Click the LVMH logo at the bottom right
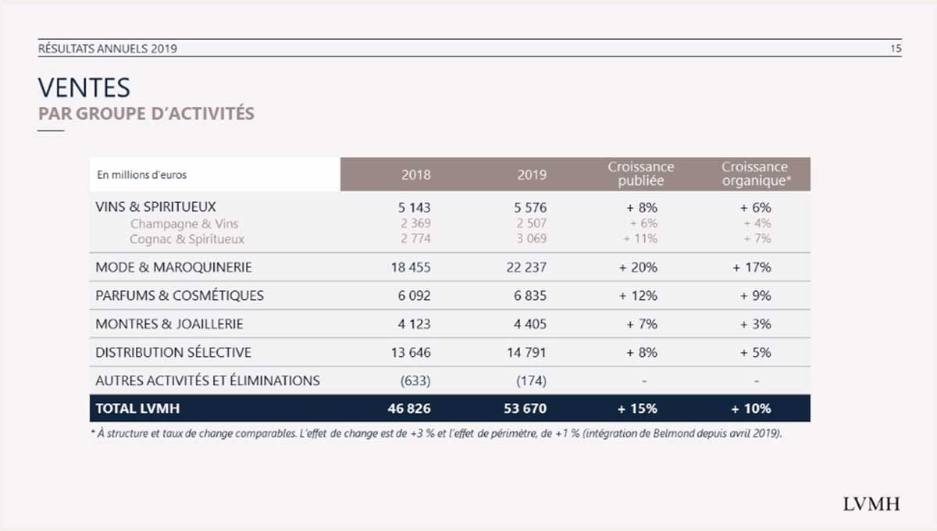click(x=871, y=504)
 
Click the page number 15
click(x=896, y=48)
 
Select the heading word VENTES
click(x=84, y=87)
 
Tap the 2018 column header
click(x=415, y=175)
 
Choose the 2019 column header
click(x=532, y=175)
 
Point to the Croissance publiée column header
click(x=640, y=174)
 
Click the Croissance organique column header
click(x=754, y=174)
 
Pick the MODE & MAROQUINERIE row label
click(x=173, y=267)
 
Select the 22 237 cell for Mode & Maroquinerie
click(x=526, y=267)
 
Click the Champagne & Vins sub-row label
click(x=184, y=224)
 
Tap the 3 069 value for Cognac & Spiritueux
click(x=531, y=239)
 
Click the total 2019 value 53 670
click(x=526, y=408)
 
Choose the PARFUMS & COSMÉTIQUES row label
click(x=180, y=296)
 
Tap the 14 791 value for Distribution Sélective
click(x=526, y=353)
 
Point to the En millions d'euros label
click(x=142, y=175)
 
